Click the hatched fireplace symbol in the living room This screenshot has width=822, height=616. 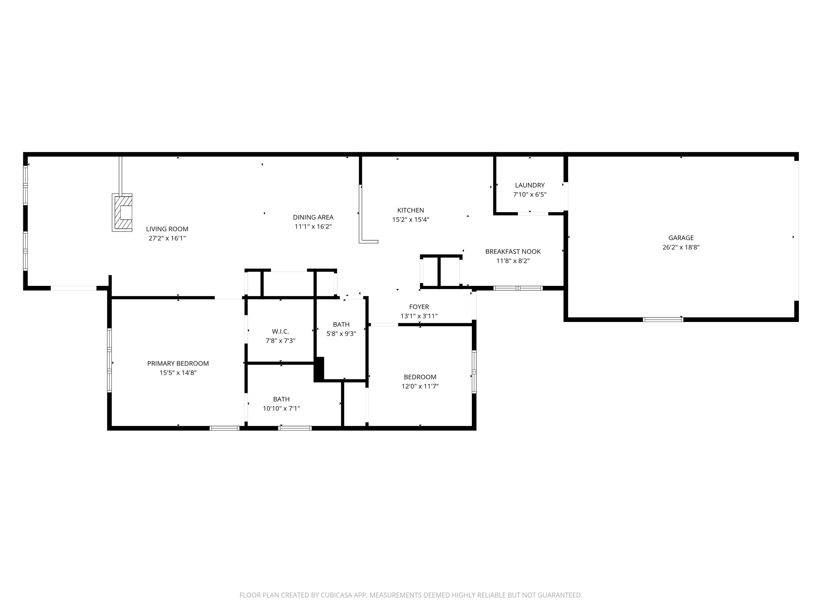[x=122, y=212]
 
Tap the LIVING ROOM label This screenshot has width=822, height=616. [x=167, y=229]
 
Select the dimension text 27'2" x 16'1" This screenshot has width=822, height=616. [x=167, y=238]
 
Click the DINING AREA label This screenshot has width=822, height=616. [x=313, y=217]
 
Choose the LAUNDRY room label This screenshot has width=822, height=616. [x=530, y=185]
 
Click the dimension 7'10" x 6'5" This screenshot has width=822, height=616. [x=530, y=195]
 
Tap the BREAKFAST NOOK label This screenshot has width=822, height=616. [x=513, y=252]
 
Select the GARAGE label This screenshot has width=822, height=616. [x=681, y=238]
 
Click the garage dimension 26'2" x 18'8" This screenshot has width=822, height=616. [x=681, y=247]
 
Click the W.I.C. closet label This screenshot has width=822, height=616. [x=280, y=331]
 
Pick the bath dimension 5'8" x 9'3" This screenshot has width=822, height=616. [x=341, y=334]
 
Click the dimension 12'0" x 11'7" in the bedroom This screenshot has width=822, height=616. [x=420, y=386]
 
